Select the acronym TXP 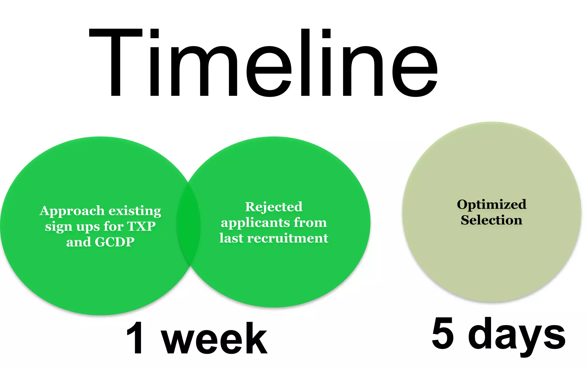click(x=141, y=226)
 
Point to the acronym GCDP click(x=114, y=242)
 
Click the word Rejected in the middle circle click(x=274, y=207)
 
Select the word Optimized click(x=492, y=204)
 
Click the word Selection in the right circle click(x=491, y=220)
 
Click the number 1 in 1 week click(x=135, y=338)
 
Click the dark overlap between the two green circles click(x=188, y=224)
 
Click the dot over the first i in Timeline click(x=154, y=34)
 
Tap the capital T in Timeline click(x=116, y=63)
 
